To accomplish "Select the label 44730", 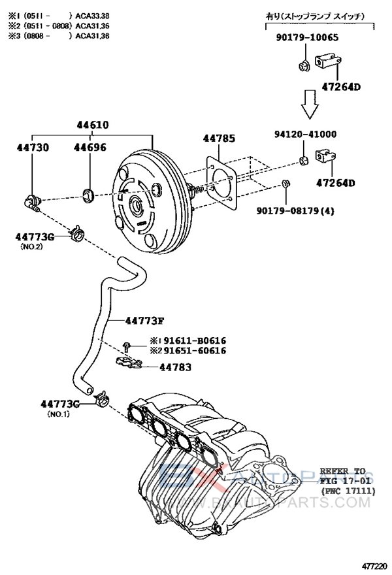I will tap(32, 148).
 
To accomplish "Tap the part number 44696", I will tap(90, 148).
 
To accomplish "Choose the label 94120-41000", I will tap(305, 135).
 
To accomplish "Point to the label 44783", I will tap(175, 367).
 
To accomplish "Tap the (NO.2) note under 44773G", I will tap(31, 246).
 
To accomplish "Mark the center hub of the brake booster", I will tap(137, 205).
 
